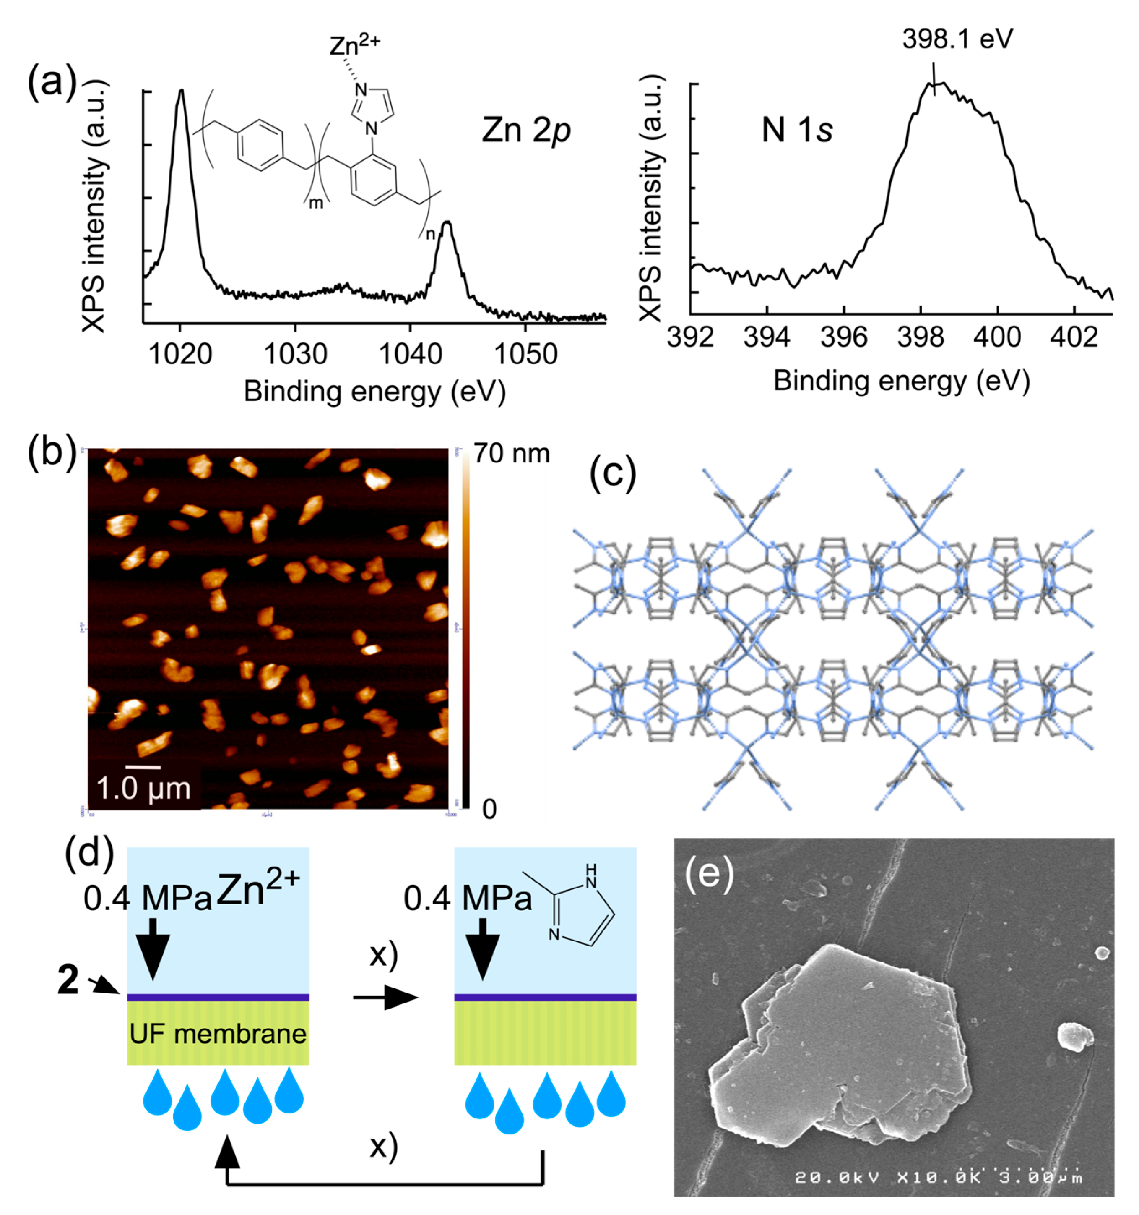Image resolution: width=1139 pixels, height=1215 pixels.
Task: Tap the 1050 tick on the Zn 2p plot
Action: pos(525,354)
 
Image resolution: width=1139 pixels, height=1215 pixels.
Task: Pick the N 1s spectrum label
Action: pos(797,130)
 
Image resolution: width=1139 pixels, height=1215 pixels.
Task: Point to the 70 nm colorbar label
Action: pos(512,454)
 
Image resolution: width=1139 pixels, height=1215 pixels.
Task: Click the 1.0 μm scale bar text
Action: pos(143,789)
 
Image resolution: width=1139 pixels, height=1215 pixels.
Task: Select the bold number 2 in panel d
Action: pos(68,980)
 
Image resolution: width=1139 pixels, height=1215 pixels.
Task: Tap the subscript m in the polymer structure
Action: pos(316,203)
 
